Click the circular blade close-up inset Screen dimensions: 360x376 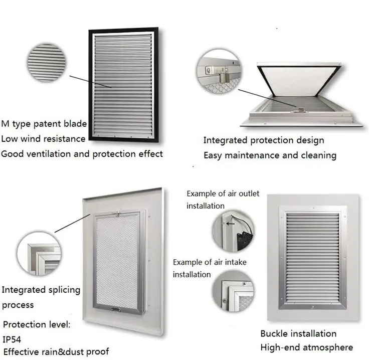pos(47,63)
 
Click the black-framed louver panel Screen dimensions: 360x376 pos(123,85)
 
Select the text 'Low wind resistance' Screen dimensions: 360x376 pos(43,138)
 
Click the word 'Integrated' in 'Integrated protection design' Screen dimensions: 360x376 pos(227,140)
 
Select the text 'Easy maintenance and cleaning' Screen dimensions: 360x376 pos(270,155)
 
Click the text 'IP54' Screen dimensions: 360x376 pos(13,339)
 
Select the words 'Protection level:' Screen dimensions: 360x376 pos(37,324)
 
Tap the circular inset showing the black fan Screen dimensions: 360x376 pos(232,230)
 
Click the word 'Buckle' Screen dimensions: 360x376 pos(276,333)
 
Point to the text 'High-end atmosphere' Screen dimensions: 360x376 pos(306,347)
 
